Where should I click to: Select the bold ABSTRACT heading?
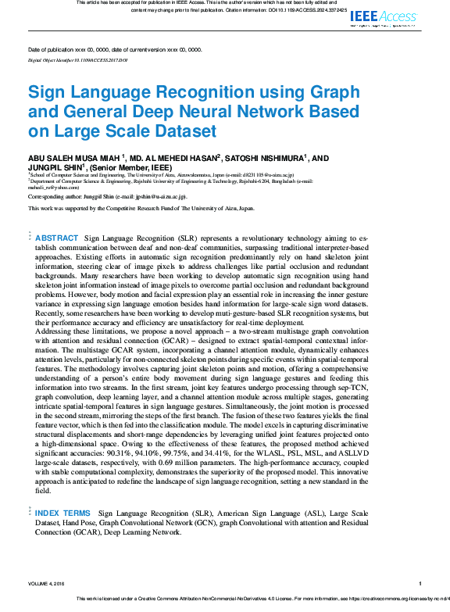coord(57,238)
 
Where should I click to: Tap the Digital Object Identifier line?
coord(77,59)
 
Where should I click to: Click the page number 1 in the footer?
coord(420,582)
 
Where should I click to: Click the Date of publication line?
coord(115,49)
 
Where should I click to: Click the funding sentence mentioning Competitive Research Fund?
coord(141,209)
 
